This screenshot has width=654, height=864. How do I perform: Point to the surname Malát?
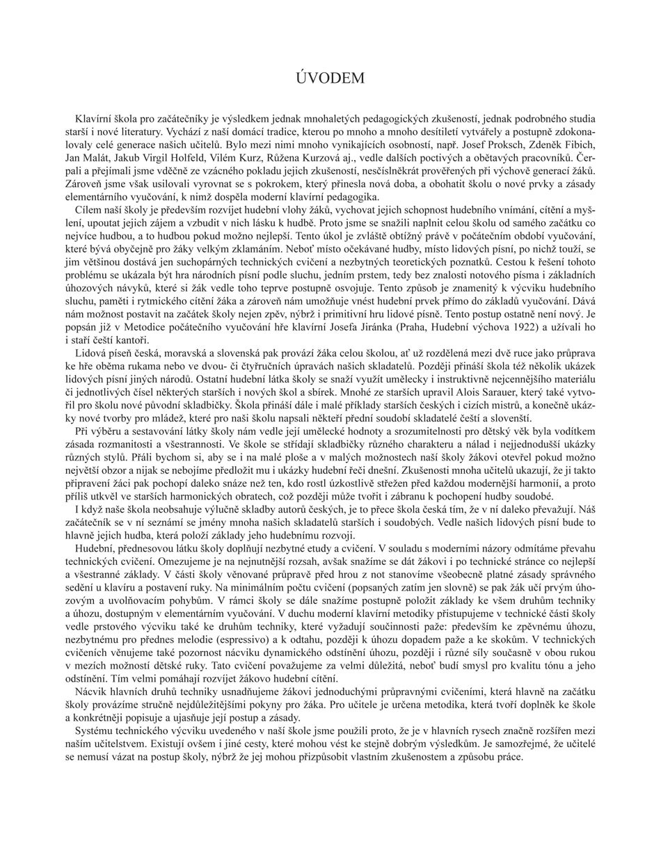98,158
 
